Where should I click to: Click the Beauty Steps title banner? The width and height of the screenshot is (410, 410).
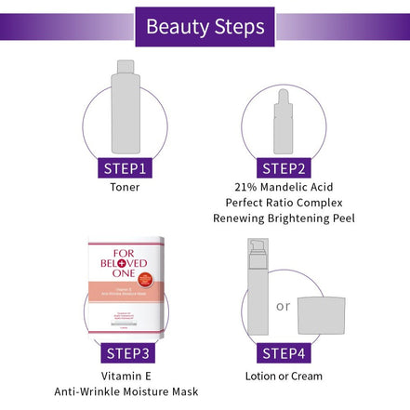(x=205, y=25)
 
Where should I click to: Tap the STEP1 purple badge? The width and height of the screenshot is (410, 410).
(x=125, y=167)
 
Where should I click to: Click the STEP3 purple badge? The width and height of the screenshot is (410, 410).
(x=125, y=353)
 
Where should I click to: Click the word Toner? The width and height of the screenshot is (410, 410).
(x=125, y=187)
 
